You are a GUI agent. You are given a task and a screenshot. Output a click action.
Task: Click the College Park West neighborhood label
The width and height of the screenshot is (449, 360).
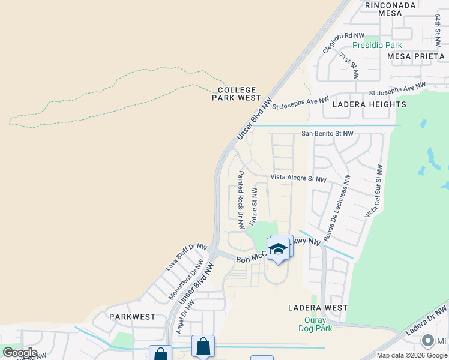tap(237, 94)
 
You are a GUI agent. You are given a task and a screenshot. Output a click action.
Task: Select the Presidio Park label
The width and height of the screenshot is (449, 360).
tap(377, 45)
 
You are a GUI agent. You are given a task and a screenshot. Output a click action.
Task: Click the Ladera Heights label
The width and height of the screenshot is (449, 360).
tap(364, 104)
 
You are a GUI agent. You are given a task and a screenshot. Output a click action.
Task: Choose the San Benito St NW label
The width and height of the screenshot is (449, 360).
tap(327, 134)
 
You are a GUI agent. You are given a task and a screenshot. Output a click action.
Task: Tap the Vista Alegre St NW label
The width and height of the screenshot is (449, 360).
tap(298, 178)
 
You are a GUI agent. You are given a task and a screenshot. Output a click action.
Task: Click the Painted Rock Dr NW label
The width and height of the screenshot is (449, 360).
tap(241, 199)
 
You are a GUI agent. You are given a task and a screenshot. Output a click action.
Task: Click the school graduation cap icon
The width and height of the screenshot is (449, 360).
tap(278, 249)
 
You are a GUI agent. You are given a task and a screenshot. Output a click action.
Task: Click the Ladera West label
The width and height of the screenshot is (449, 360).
tap(317, 308)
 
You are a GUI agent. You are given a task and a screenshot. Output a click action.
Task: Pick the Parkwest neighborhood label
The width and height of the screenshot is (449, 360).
tap(132, 316)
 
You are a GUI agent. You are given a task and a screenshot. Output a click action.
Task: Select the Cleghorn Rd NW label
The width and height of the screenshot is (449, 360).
tap(343, 43)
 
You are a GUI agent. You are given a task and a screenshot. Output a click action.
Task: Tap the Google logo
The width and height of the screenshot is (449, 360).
tap(20, 353)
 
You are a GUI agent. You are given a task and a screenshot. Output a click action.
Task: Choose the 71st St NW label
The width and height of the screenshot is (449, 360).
tap(349, 66)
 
